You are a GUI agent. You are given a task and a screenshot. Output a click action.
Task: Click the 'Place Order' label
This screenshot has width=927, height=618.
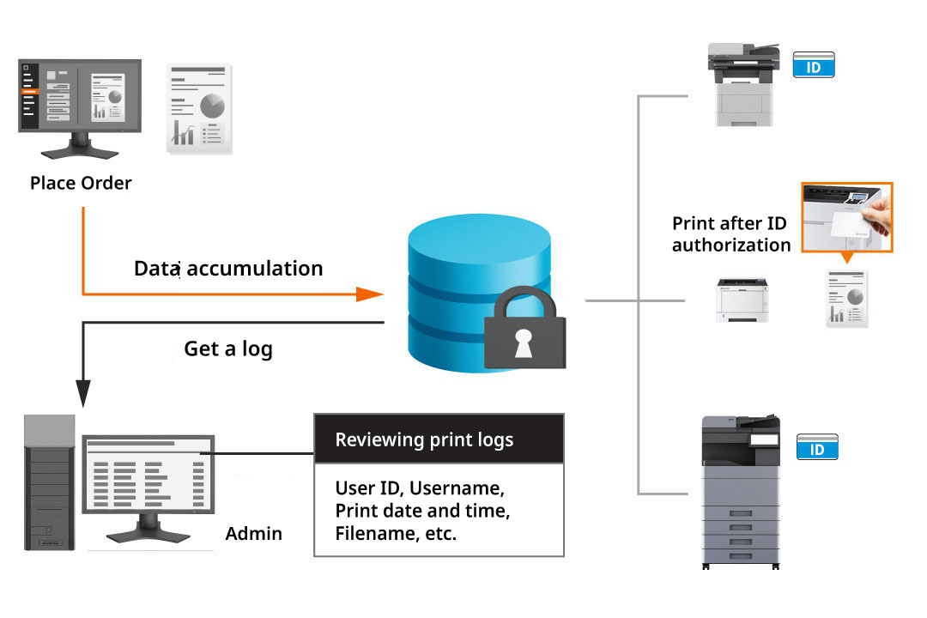point(81,183)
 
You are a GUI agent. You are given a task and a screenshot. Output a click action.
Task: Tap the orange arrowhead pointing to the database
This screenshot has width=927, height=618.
point(369,294)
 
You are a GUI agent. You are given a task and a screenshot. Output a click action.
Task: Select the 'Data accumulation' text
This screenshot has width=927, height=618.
point(228,269)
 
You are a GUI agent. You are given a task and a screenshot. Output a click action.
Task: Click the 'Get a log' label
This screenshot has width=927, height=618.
point(228,349)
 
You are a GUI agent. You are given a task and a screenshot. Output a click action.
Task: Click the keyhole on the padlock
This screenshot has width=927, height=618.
point(523,343)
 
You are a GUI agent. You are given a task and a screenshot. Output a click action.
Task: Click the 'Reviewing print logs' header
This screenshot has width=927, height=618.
point(424,440)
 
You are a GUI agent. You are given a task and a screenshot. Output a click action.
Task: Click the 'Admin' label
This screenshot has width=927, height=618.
point(253,534)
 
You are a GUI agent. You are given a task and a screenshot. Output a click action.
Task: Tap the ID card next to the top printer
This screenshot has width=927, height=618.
point(813,65)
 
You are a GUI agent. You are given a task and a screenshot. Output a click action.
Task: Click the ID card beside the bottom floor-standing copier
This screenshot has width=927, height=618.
point(817,448)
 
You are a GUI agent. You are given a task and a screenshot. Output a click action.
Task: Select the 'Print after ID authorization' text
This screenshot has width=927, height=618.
point(730,234)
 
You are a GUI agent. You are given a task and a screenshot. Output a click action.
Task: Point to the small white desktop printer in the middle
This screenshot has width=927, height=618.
point(742,300)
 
